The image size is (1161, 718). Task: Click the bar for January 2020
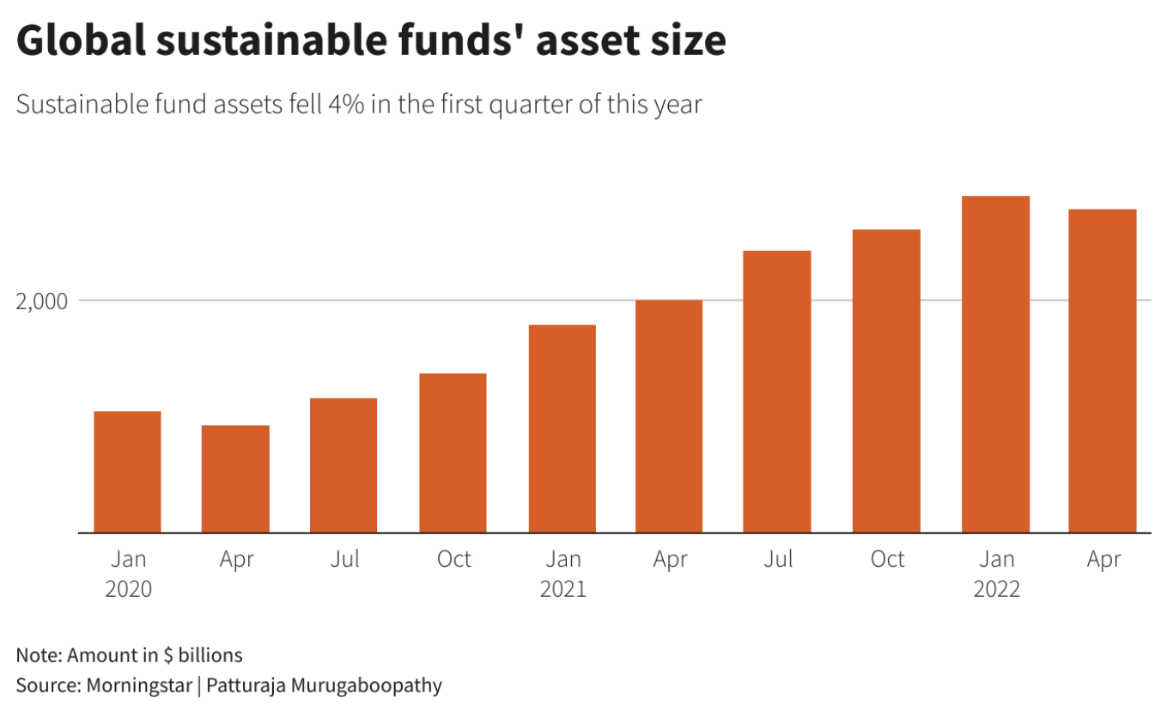tap(127, 472)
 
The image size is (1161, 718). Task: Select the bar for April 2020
tap(235, 479)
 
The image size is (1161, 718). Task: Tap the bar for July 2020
tap(343, 465)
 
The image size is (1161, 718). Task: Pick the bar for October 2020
tap(453, 453)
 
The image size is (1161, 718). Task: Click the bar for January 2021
tap(562, 429)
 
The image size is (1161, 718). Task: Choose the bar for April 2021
tap(669, 417)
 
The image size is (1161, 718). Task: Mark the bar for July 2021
tap(777, 392)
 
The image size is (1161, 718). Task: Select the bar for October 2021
tap(886, 381)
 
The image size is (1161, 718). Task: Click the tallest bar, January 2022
tap(995, 364)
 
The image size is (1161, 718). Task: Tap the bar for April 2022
tap(1103, 371)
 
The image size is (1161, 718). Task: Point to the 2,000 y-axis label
tap(42, 301)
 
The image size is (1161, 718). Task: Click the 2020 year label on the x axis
tap(128, 589)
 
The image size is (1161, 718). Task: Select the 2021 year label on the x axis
tap(562, 589)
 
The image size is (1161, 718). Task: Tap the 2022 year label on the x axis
tap(997, 589)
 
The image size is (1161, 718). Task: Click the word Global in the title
tap(82, 40)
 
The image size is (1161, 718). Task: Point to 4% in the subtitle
tap(346, 104)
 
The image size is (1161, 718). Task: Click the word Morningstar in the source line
tap(139, 685)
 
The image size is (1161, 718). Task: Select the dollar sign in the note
tap(168, 655)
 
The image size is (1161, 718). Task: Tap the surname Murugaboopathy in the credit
tap(367, 685)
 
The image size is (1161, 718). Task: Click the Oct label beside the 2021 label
tap(887, 559)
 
